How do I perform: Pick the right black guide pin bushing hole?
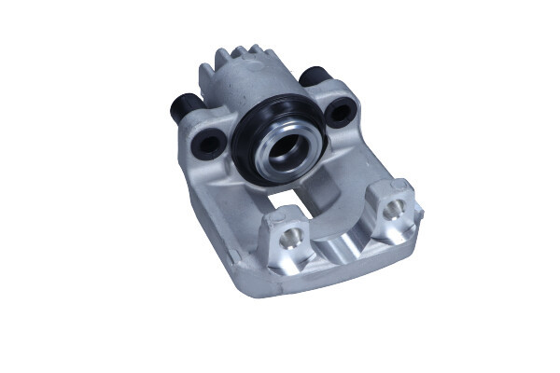341,113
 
